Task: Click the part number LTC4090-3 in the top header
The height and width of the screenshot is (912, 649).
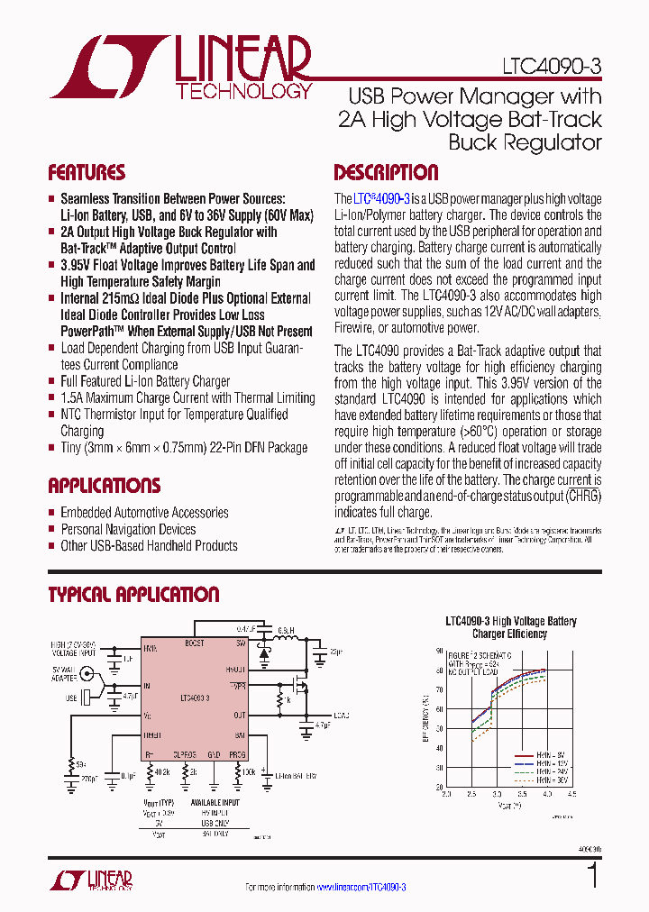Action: [x=552, y=67]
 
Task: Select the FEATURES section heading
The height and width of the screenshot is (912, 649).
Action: [x=87, y=173]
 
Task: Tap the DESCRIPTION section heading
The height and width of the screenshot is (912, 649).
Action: [x=386, y=173]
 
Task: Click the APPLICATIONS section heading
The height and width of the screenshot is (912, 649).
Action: [x=104, y=486]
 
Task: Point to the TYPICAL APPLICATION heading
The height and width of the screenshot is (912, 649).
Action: [x=133, y=595]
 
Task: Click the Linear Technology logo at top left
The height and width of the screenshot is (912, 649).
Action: [x=179, y=68]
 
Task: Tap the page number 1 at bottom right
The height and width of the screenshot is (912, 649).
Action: [x=592, y=876]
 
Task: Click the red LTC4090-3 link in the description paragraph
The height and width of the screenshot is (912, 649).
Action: [x=382, y=198]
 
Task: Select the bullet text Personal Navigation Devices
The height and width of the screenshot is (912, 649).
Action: [x=128, y=529]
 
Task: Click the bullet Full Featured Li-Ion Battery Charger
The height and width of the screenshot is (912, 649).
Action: [x=145, y=381]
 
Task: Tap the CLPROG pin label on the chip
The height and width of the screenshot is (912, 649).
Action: [x=186, y=753]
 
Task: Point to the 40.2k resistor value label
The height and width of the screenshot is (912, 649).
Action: [x=162, y=771]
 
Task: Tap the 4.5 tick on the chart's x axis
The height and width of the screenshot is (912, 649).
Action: [x=571, y=794]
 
